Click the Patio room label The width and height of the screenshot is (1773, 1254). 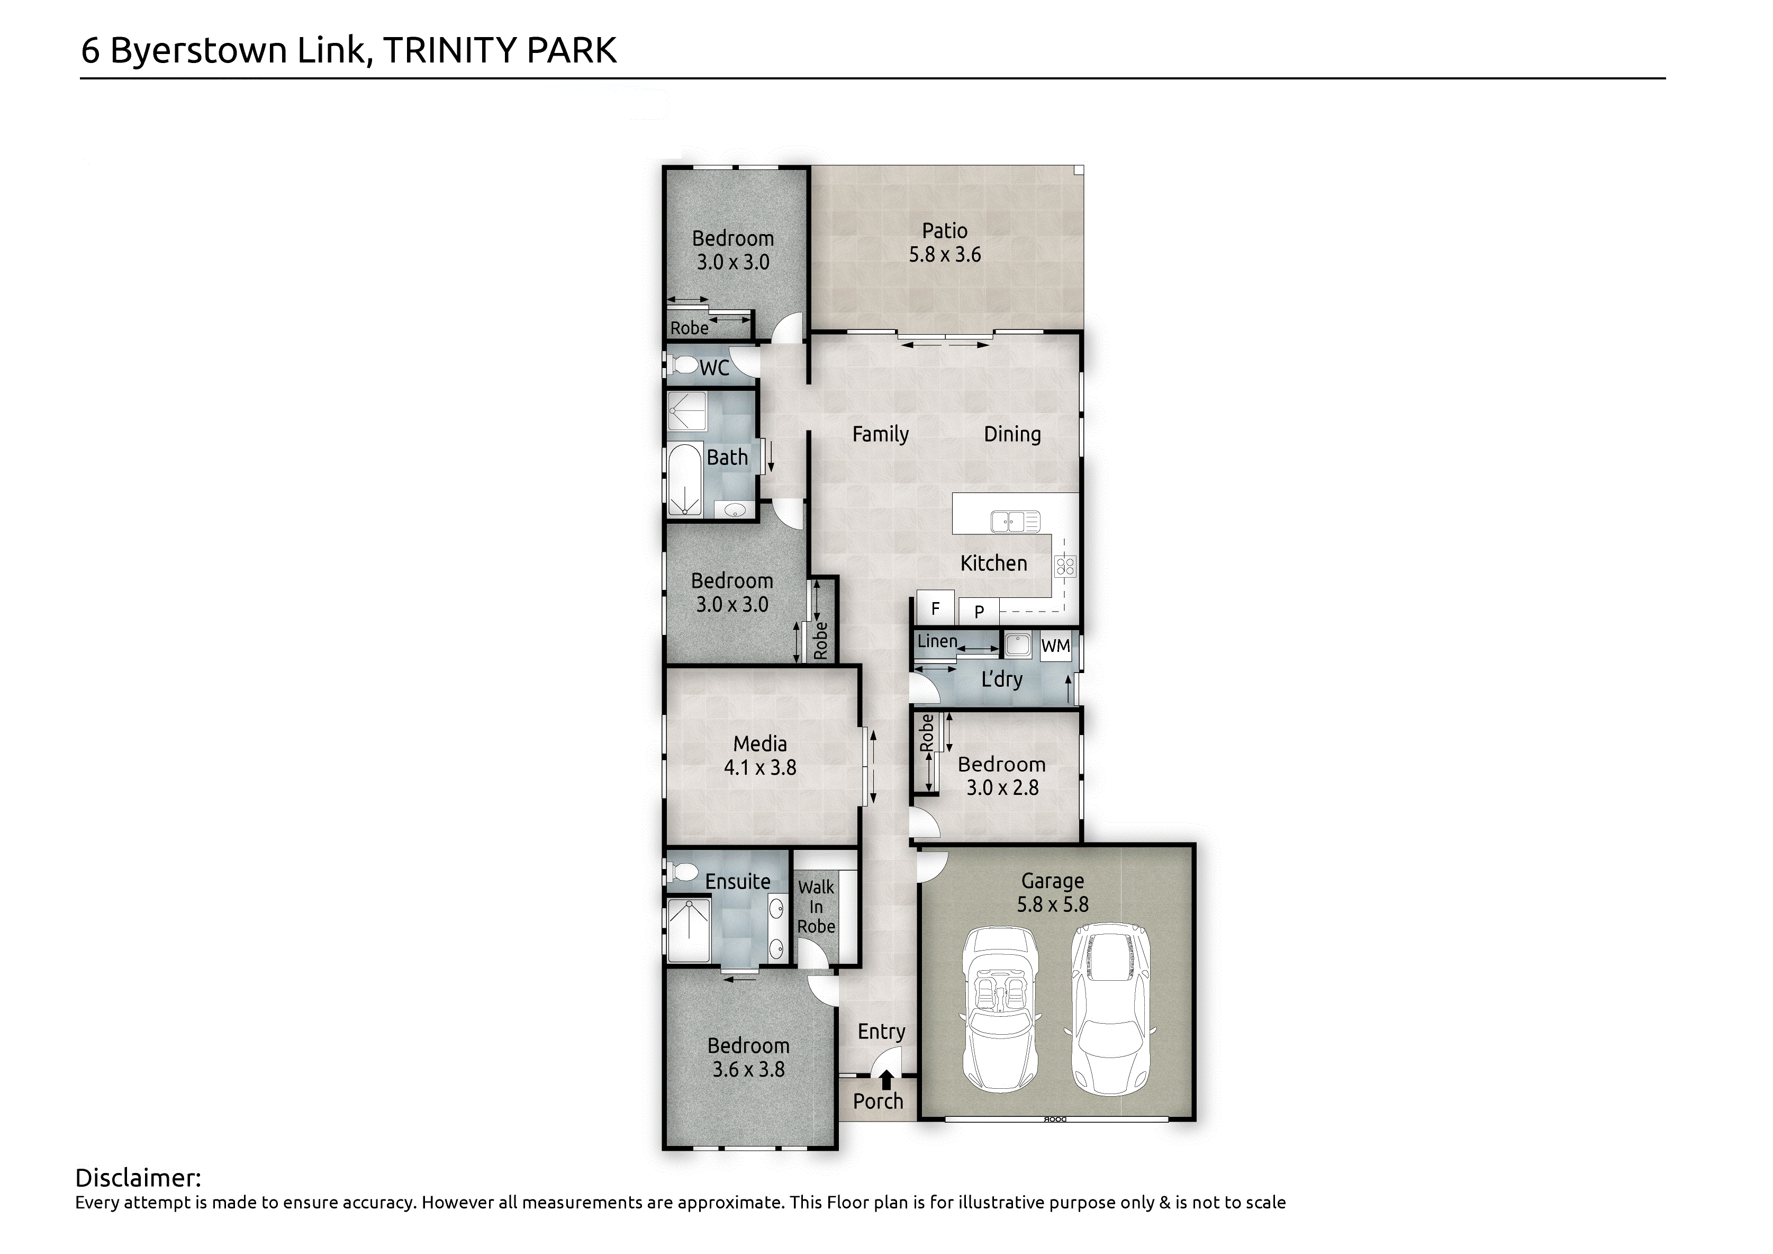tap(944, 231)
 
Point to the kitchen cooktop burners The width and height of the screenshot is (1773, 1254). tap(1066, 566)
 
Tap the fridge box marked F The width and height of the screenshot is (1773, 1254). tap(935, 608)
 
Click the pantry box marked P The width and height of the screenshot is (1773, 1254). tap(979, 611)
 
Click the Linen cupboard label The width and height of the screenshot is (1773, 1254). tap(937, 641)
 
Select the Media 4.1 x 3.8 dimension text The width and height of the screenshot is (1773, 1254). tap(760, 768)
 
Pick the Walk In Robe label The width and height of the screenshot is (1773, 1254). tap(816, 907)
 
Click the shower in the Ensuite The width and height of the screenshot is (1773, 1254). tap(688, 931)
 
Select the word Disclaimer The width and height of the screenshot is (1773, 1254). tap(138, 1178)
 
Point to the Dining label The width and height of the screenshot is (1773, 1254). tap(1012, 435)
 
